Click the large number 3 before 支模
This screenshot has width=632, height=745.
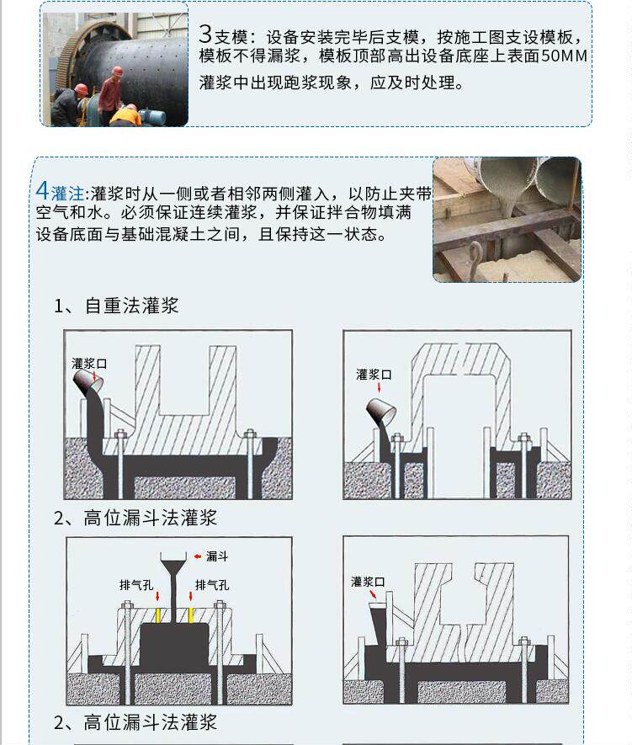(x=205, y=34)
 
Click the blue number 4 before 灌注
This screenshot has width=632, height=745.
(x=42, y=191)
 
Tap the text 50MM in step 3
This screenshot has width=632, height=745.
(x=564, y=56)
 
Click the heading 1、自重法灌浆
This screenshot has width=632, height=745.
(x=116, y=306)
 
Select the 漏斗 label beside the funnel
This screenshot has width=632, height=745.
(x=217, y=556)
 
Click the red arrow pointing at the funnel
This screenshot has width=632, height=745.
(x=198, y=556)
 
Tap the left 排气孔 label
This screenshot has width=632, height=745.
(x=136, y=585)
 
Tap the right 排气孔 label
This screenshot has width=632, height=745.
(x=212, y=585)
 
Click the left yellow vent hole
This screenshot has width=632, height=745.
(x=158, y=615)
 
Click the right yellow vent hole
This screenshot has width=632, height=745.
(x=191, y=615)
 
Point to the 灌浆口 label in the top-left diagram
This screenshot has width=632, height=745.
(x=89, y=364)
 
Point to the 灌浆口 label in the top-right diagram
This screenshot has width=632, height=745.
(x=374, y=375)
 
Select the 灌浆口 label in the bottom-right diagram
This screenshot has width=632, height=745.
(x=368, y=582)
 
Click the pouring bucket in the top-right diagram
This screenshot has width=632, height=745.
(x=382, y=412)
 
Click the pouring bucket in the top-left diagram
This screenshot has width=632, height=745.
(x=88, y=382)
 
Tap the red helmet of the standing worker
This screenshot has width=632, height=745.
(x=116, y=72)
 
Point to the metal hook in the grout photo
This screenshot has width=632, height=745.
(x=475, y=259)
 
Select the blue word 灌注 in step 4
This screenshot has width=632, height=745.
(x=67, y=194)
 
